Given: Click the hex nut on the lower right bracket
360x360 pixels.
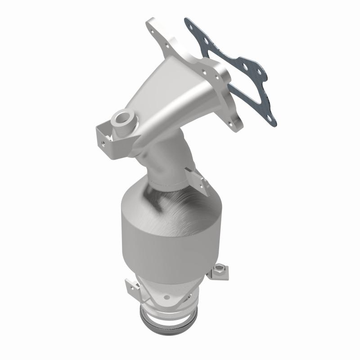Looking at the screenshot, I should pyautogui.click(x=220, y=270).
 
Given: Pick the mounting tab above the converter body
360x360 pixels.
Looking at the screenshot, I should pyautogui.click(x=198, y=180).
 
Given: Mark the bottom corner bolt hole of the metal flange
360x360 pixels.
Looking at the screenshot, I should pyautogui.click(x=234, y=122).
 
